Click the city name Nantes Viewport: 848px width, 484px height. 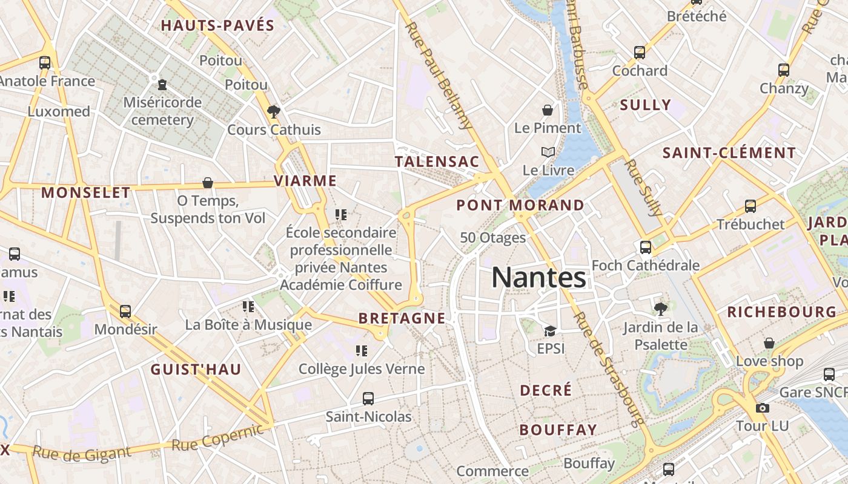point(538,278)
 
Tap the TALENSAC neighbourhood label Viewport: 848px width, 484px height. point(437,162)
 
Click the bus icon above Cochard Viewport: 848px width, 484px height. point(640,53)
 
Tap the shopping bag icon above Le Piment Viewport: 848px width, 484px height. point(548,110)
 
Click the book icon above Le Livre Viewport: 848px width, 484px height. point(548,152)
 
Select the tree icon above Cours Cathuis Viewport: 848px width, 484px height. point(274,111)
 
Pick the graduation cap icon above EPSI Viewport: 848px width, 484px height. point(550,331)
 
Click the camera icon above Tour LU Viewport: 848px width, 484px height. point(763,408)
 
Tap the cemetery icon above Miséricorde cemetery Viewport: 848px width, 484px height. point(162,84)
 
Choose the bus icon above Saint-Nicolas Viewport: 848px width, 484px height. point(368,399)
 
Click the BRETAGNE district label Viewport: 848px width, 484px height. point(402,318)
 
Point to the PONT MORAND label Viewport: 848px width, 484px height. point(520,205)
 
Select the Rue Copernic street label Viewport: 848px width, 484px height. point(218,438)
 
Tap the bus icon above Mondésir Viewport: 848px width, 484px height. point(125,312)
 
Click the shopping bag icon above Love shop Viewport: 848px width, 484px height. point(769,344)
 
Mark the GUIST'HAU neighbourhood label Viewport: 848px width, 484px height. point(196,370)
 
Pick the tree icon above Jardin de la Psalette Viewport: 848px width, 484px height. point(661,309)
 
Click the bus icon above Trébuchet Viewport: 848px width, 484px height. point(750,206)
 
